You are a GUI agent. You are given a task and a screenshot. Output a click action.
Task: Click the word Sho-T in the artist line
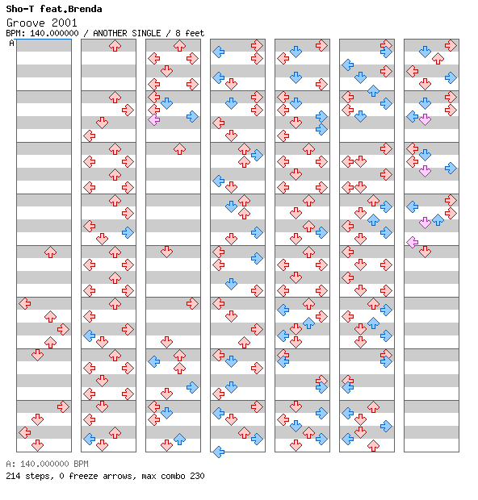pos(20,9)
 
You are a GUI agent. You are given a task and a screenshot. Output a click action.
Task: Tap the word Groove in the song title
pos(26,23)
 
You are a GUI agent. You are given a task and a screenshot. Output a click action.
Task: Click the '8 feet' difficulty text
pos(190,33)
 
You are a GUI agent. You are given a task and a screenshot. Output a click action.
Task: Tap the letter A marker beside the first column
pos(11,43)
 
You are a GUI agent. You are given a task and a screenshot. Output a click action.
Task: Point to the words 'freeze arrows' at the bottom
pos(103,476)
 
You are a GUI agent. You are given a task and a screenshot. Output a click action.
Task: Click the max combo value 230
pos(197,476)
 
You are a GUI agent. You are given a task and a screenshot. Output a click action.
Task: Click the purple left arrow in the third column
pos(154,120)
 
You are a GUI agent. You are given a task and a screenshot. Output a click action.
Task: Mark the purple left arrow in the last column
pos(413,243)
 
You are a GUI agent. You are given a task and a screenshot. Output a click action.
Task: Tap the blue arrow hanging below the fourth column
pos(218,452)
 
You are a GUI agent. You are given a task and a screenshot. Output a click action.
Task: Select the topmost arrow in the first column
pos(50,252)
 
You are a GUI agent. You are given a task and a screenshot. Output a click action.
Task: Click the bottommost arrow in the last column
pos(425,252)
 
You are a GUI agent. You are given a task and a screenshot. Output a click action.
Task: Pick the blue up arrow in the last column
pos(438,219)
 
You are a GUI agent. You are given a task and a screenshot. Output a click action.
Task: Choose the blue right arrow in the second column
pos(128,232)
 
